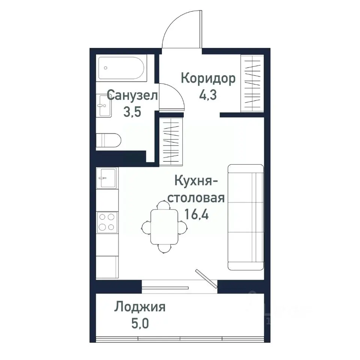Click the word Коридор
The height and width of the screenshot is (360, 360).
[x=208, y=79]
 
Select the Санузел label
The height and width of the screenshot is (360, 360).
[x=132, y=95]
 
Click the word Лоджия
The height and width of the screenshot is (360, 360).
[x=140, y=307]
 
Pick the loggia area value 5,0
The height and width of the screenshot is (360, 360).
[x=140, y=323]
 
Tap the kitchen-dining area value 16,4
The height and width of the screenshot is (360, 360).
[x=196, y=214]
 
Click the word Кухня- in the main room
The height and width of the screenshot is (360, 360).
[x=196, y=181]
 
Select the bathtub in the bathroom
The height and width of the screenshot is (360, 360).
[x=121, y=68]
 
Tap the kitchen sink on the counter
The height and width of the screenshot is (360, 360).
[x=106, y=177]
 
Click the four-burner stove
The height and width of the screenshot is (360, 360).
[x=106, y=222]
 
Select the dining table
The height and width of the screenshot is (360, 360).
[x=164, y=227]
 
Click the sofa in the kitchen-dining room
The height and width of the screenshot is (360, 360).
[x=245, y=217]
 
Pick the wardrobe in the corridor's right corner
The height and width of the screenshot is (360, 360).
[x=252, y=83]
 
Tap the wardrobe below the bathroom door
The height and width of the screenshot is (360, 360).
[x=171, y=141]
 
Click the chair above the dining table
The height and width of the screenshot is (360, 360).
[x=162, y=205]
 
